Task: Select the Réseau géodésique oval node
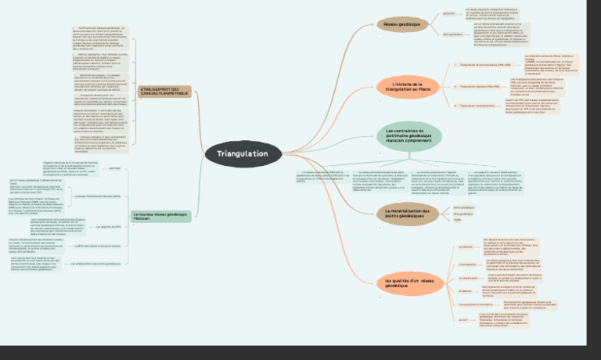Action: pos(401,25)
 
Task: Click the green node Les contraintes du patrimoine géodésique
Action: pos(408,135)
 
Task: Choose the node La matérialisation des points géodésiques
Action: pos(408,213)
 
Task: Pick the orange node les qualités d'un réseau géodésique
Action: pos(408,283)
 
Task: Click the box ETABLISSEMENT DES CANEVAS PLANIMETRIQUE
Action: pos(164,92)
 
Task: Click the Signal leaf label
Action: pos(458,220)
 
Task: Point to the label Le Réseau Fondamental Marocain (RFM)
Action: pos(98,196)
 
